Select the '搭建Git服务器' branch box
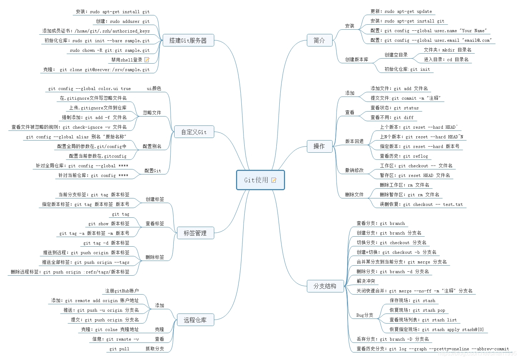[x=188, y=40]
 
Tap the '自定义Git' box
[x=194, y=132]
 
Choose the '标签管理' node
[x=195, y=233]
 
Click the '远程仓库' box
[x=195, y=320]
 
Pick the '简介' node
[x=319, y=40]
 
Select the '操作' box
[x=319, y=146]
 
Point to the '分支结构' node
[x=325, y=286]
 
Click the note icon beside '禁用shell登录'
[x=147, y=60]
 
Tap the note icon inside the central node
[x=274, y=180]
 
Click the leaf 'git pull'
[x=119, y=349]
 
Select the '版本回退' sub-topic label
[x=354, y=142]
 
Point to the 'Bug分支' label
[x=364, y=315]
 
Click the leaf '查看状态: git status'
[x=394, y=108]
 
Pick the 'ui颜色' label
[x=154, y=89]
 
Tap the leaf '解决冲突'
[x=366, y=281]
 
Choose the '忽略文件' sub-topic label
[x=152, y=113]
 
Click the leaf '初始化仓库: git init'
[x=407, y=69]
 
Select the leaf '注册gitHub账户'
[x=122, y=291]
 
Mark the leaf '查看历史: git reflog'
[x=404, y=156]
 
